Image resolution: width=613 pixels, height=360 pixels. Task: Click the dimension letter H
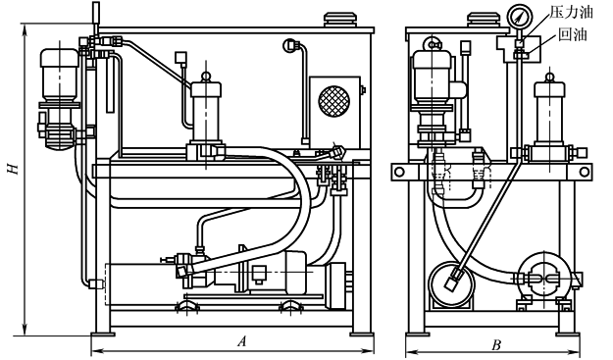pyautogui.click(x=14, y=169)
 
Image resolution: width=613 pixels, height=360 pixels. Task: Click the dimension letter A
pyautogui.click(x=242, y=341)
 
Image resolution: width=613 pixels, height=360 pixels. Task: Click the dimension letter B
pyautogui.click(x=496, y=345)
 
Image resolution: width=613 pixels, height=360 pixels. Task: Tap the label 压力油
pyautogui.click(x=571, y=12)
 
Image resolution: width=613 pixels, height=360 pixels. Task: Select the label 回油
pyautogui.click(x=573, y=34)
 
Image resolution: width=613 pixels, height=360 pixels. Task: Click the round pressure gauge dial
pyautogui.click(x=520, y=17)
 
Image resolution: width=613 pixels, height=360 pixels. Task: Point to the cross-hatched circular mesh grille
pyautogui.click(x=333, y=100)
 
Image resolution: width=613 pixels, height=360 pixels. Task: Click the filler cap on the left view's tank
pyautogui.click(x=340, y=21)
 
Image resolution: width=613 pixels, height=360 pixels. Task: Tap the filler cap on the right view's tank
pyautogui.click(x=484, y=21)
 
